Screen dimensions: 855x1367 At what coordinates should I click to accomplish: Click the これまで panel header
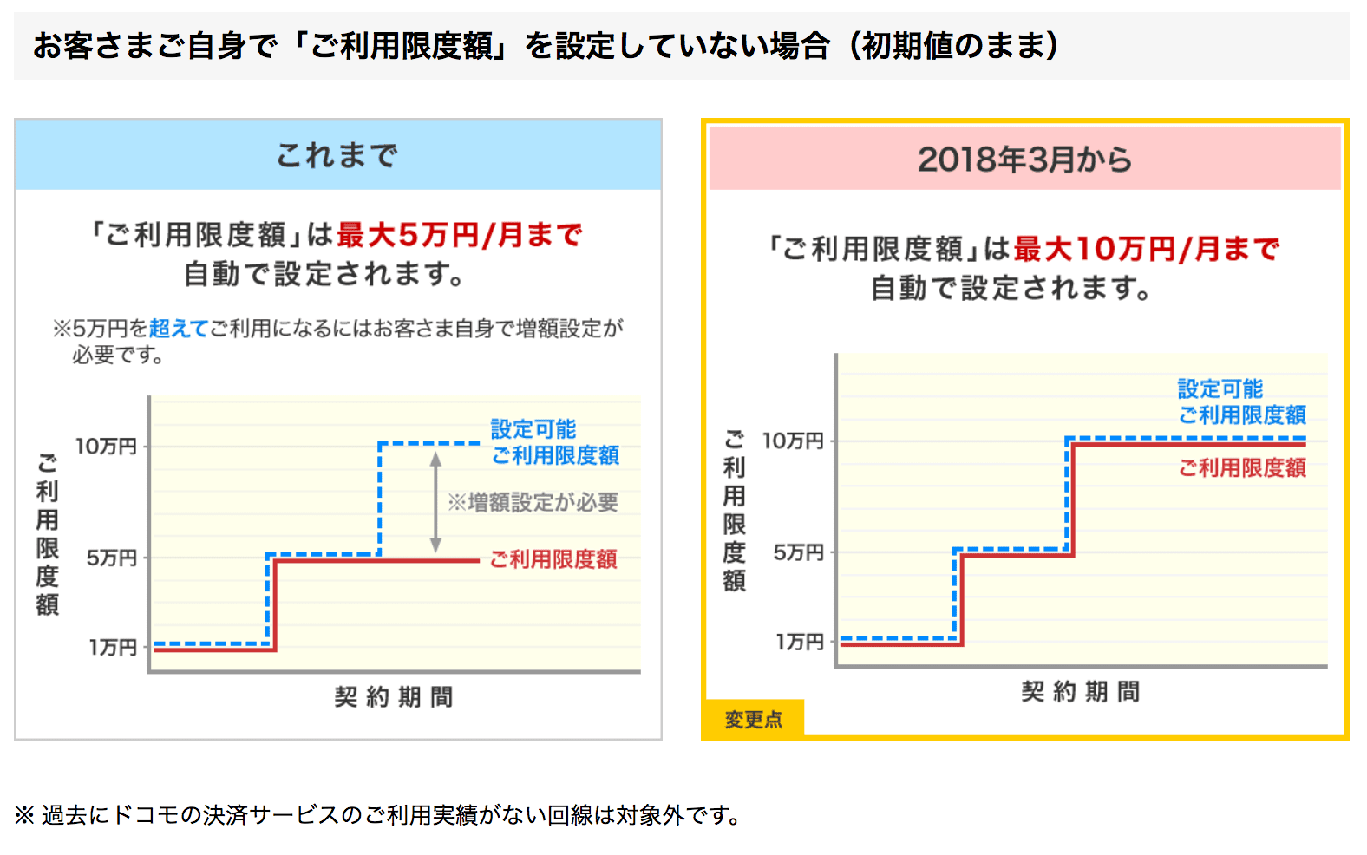pos(337,155)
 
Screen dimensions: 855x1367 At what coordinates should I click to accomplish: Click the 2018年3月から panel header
pos(1024,160)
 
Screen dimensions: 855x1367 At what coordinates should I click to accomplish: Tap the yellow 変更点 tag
pos(753,719)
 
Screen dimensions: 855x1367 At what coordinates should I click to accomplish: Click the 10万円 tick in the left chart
pos(107,447)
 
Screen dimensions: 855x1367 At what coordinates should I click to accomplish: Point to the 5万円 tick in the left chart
pos(112,558)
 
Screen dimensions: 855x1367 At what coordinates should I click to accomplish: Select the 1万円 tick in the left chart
pos(113,647)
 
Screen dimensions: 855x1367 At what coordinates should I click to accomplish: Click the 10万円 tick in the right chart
pos(793,441)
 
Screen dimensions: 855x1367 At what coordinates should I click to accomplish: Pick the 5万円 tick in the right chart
pos(799,552)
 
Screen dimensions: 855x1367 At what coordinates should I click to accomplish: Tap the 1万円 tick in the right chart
pos(800,642)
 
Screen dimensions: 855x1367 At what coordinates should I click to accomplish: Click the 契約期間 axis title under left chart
pos(394,696)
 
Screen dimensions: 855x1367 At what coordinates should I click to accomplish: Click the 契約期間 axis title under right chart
pos(1081,691)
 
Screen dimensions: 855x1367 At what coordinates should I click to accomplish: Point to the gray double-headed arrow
pos(435,502)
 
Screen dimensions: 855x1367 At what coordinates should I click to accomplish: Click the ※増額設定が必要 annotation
pos(533,502)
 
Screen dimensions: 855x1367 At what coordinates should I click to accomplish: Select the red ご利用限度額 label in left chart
pos(553,559)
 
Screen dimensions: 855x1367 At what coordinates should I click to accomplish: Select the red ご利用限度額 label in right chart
pos(1242,468)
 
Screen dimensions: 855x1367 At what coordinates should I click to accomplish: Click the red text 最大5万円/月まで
pos(460,235)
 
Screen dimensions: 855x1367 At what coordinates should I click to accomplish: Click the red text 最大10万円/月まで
pos(1146,249)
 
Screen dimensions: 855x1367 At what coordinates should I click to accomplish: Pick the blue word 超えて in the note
pos(179,329)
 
